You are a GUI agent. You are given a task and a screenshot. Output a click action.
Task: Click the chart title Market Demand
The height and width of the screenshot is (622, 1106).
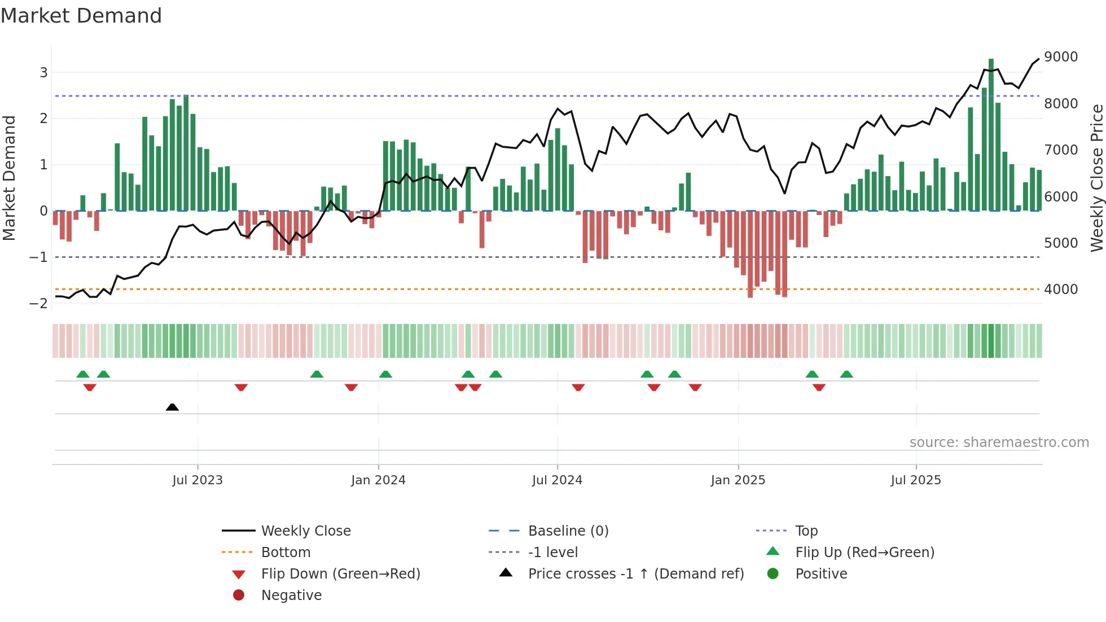(81, 16)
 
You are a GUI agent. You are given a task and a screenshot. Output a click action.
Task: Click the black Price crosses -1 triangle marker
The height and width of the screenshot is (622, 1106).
(172, 407)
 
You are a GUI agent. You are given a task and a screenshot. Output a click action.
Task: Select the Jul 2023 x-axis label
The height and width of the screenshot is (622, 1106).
(197, 480)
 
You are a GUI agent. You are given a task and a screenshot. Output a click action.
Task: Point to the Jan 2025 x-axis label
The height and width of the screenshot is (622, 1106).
(738, 480)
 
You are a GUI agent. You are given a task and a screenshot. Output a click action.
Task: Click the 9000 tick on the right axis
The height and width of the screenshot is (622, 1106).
(1061, 57)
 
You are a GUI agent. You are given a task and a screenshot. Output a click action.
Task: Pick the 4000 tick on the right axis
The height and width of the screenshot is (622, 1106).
(1061, 290)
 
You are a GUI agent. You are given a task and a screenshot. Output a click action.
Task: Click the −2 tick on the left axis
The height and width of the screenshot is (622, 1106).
(39, 304)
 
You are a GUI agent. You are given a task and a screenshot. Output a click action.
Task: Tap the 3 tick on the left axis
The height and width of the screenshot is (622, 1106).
(43, 72)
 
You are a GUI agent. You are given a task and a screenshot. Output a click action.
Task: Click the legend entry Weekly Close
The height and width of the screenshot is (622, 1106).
(305, 531)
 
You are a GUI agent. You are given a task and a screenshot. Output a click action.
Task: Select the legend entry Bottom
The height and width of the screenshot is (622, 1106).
(286, 553)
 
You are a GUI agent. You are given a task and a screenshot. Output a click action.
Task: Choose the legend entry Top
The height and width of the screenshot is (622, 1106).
(806, 531)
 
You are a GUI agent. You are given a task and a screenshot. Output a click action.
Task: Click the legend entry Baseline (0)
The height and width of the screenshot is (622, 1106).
(568, 531)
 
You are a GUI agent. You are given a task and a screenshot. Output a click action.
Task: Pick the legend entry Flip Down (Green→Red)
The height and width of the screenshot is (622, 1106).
(340, 574)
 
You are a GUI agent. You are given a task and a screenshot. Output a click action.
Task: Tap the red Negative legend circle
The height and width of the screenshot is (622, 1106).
(239, 595)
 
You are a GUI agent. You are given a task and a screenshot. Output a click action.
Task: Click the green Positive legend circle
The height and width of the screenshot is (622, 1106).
(773, 574)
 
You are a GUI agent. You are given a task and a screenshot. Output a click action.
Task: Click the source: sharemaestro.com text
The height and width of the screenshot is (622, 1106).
(999, 443)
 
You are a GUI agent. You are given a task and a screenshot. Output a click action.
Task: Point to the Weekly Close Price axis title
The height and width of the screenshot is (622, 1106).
(1096, 178)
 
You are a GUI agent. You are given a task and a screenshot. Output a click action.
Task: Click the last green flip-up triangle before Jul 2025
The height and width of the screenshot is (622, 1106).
(846, 374)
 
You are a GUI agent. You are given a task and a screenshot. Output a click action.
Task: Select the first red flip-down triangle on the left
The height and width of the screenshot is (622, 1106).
(90, 387)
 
